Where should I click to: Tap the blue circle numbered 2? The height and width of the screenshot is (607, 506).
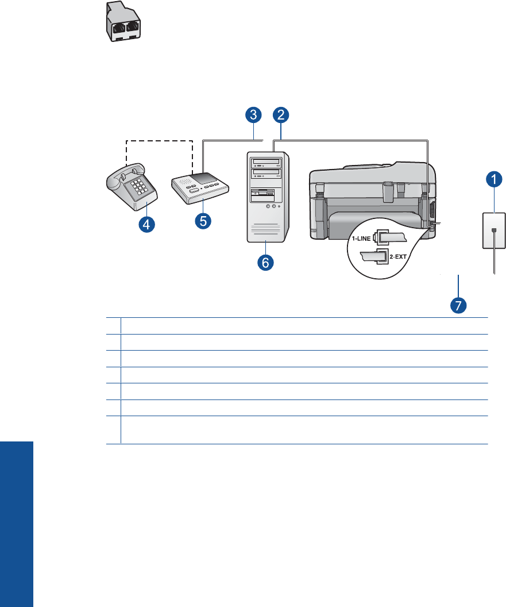click(x=280, y=115)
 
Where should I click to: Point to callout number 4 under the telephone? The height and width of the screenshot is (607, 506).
click(x=148, y=225)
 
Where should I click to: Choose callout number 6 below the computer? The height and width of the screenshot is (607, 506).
click(x=265, y=263)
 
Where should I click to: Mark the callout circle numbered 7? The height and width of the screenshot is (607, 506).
click(x=458, y=305)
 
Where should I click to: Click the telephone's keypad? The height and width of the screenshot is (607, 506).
click(x=138, y=188)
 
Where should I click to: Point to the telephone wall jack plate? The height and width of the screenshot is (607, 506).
click(x=493, y=230)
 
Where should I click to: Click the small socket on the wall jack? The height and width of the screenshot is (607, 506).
click(x=493, y=232)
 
